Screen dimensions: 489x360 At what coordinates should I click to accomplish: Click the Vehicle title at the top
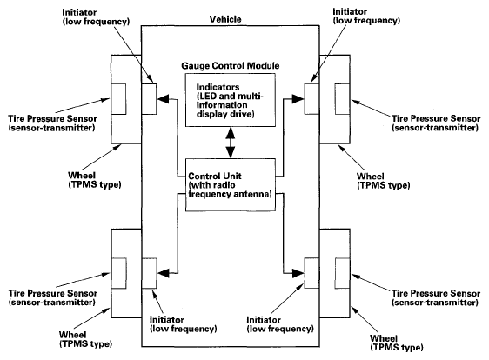[x=225, y=19]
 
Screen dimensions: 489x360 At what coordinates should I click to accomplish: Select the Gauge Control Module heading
[x=231, y=66]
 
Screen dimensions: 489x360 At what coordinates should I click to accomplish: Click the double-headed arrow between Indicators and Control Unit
[x=231, y=143]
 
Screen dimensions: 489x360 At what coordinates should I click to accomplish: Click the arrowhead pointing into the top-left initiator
[x=163, y=99]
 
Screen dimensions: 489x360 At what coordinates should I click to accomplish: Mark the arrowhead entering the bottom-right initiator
[x=298, y=273]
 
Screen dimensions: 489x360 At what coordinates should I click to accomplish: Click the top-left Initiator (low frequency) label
[x=96, y=17]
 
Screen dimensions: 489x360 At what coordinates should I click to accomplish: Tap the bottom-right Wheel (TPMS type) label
[x=397, y=343]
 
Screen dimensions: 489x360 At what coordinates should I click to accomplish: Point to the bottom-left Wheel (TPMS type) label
[x=85, y=339]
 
